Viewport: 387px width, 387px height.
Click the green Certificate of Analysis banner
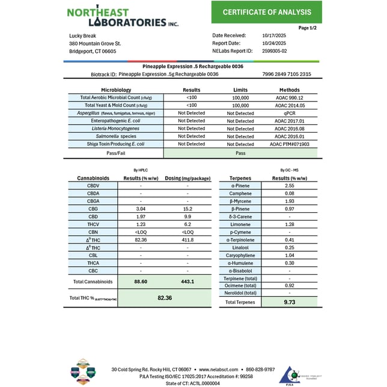coord(266,12)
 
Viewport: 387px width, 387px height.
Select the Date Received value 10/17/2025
coord(275,35)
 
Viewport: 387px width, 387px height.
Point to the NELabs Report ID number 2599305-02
coord(276,51)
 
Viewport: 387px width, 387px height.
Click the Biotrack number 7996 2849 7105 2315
coord(287,75)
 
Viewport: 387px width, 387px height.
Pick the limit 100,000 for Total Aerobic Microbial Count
coord(240,97)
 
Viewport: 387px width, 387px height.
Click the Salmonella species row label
coord(116,136)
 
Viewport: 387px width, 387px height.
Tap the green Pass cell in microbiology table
coord(240,153)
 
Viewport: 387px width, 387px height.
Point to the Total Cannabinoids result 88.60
coord(141,281)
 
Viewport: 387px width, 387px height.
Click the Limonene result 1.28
coord(290,225)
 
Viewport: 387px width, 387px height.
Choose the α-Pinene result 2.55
coord(290,186)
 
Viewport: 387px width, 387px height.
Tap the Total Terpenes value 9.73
coord(290,302)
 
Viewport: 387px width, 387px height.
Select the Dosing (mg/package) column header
coord(187,178)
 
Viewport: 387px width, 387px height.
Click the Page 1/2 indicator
coord(308,28)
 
